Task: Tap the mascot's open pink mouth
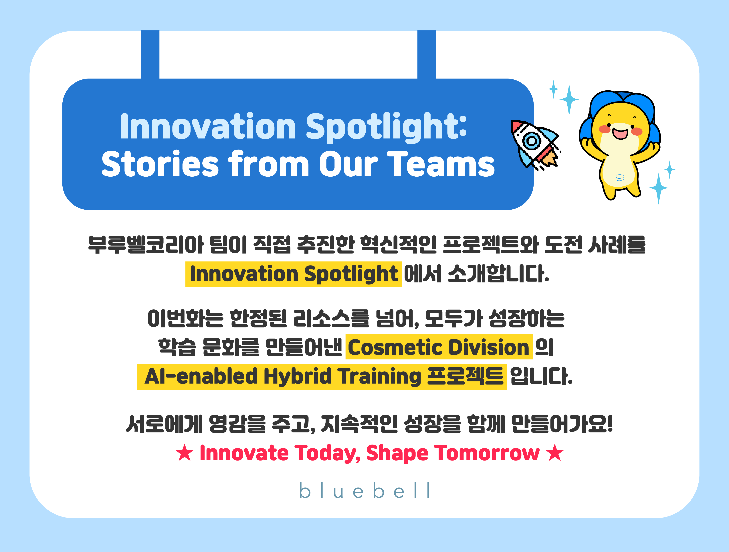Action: tap(620, 133)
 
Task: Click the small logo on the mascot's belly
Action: tap(620, 178)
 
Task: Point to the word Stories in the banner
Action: tap(160, 164)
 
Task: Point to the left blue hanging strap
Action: tap(150, 54)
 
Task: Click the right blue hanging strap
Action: tap(426, 54)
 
